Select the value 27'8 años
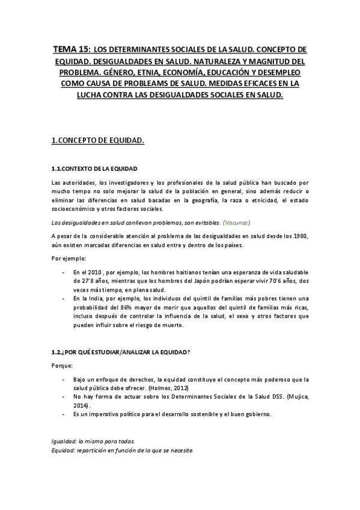tap(99, 282)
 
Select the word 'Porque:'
tap(63, 365)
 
